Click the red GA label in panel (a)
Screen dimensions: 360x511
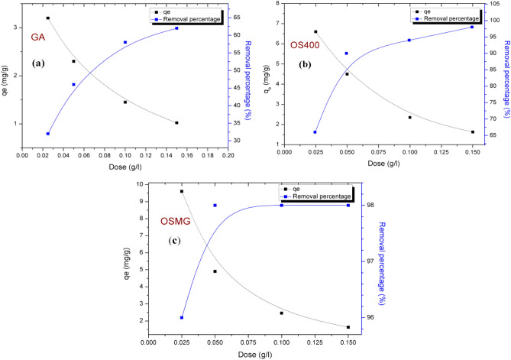coord(39,37)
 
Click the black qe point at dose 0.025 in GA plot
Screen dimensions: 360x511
coord(48,18)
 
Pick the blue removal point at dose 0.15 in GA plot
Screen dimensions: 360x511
coord(176,28)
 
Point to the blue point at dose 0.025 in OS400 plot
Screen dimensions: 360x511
coord(315,132)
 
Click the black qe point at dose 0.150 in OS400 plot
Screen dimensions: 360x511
coord(473,132)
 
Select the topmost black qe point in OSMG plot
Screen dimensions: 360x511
coord(182,191)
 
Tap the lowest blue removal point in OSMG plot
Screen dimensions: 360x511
coord(182,317)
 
